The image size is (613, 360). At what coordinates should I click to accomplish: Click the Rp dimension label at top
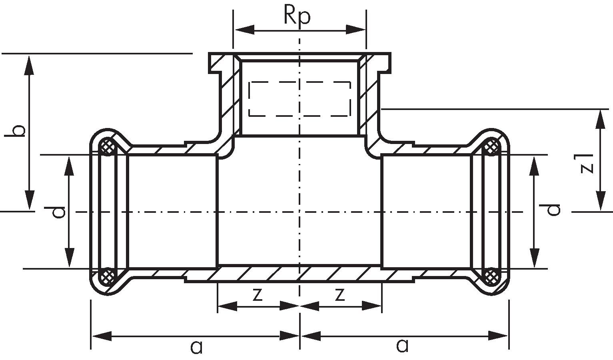tap(297, 16)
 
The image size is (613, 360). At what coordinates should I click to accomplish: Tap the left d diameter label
tap(59, 212)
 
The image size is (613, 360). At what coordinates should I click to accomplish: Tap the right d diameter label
tap(554, 209)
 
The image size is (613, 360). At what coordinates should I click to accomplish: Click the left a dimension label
tap(196, 346)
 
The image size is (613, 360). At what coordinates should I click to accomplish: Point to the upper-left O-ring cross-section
tap(107, 147)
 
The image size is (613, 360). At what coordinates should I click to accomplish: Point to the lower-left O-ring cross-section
tap(107, 276)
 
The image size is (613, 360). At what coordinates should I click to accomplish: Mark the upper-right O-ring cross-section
tap(491, 147)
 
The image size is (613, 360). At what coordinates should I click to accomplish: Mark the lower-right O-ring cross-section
tap(491, 276)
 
